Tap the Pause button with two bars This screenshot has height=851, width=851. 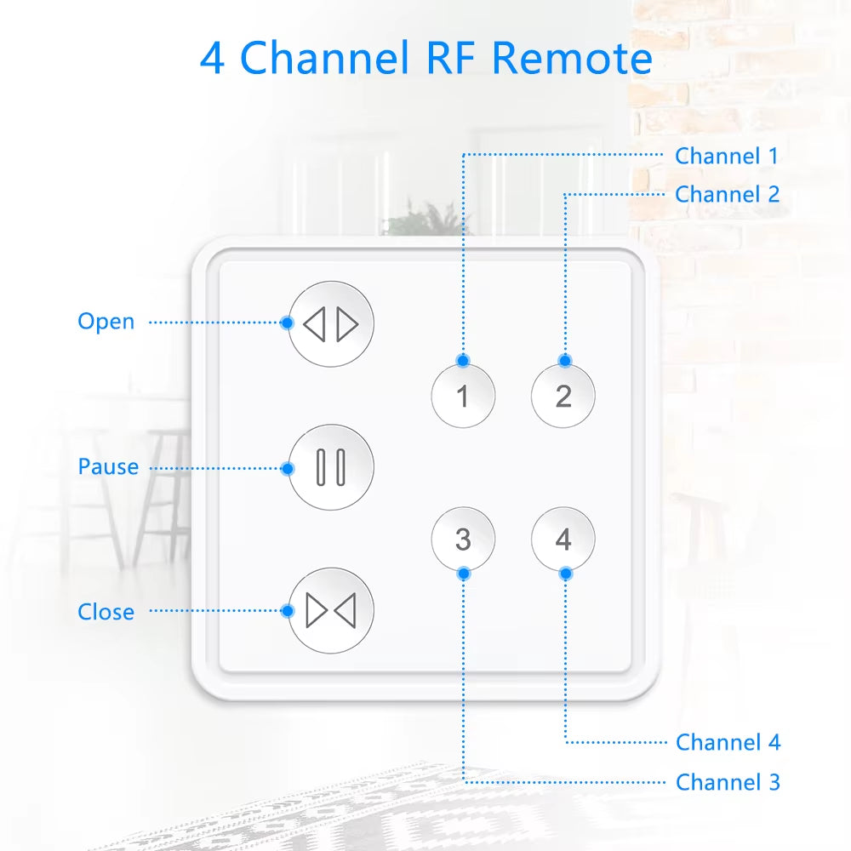[x=331, y=467]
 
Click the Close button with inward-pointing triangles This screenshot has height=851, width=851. [x=331, y=611]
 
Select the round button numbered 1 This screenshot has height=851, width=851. [x=463, y=396]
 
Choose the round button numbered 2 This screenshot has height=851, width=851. [x=563, y=396]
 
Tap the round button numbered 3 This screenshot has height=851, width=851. [x=463, y=540]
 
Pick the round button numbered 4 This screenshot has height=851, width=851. [x=563, y=540]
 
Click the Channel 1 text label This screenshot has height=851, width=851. [x=726, y=156]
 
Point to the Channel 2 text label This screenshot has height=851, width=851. [x=727, y=194]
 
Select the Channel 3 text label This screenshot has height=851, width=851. [x=728, y=781]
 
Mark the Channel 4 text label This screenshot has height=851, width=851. [x=728, y=742]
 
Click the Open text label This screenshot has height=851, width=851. [x=106, y=322]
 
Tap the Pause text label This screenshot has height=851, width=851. [x=108, y=466]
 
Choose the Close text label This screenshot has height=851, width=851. [x=106, y=612]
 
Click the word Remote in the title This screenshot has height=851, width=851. [x=572, y=58]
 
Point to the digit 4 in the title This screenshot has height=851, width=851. [x=213, y=58]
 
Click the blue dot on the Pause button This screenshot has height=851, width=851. [x=288, y=468]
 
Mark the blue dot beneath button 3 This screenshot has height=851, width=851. [x=463, y=574]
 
